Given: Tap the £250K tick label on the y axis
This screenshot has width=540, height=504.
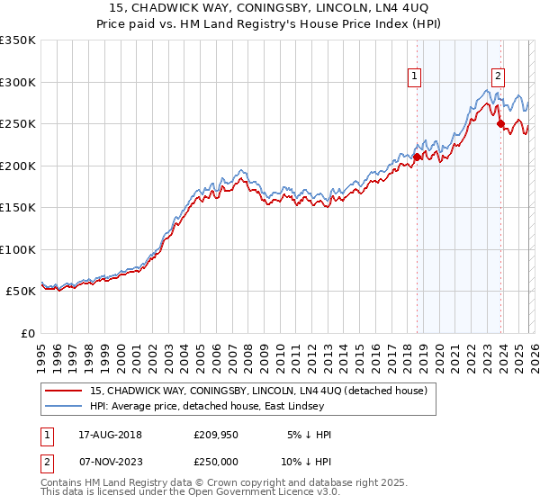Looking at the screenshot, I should pyautogui.click(x=18, y=123).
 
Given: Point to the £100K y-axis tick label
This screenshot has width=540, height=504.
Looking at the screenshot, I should pyautogui.click(x=18, y=249).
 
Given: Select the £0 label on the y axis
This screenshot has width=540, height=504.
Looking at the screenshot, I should pyautogui.click(x=27, y=333).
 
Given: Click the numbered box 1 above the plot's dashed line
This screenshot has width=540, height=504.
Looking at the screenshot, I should pyautogui.click(x=415, y=77).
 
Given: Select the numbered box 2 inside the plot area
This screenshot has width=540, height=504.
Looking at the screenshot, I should pyautogui.click(x=498, y=77).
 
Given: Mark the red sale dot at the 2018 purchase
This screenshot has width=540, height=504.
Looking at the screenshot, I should pyautogui.click(x=417, y=157).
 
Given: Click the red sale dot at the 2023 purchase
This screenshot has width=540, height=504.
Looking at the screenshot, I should pyautogui.click(x=500, y=123).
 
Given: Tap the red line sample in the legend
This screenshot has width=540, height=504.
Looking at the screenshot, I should pyautogui.click(x=65, y=390).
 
